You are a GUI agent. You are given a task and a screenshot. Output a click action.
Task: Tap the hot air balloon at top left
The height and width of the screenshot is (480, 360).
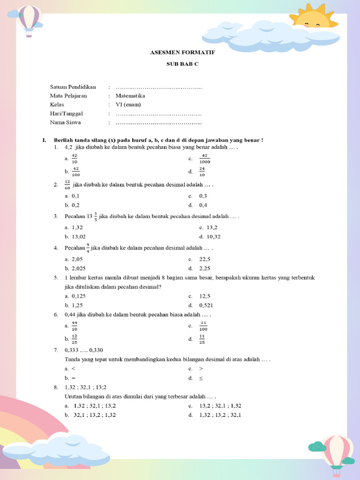29,19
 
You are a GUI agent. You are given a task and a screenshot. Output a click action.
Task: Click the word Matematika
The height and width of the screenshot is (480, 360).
130,96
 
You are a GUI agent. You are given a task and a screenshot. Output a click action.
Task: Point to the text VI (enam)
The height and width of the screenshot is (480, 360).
128,105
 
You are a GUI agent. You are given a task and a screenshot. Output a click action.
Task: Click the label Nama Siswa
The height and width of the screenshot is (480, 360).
66,122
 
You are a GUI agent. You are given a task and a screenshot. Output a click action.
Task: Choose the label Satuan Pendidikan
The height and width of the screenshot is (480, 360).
73,87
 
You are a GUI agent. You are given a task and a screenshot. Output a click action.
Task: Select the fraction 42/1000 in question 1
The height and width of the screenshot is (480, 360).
204,159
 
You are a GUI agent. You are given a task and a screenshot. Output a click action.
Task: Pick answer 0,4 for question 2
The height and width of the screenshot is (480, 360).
203,205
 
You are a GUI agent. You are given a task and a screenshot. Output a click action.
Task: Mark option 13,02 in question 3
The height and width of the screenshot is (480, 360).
78,237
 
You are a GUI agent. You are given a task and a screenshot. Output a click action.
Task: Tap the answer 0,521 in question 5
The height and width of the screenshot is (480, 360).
206,305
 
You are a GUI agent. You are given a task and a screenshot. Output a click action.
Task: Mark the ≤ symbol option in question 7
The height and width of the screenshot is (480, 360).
201,378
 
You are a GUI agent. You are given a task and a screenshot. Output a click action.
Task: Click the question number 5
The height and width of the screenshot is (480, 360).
56,277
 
